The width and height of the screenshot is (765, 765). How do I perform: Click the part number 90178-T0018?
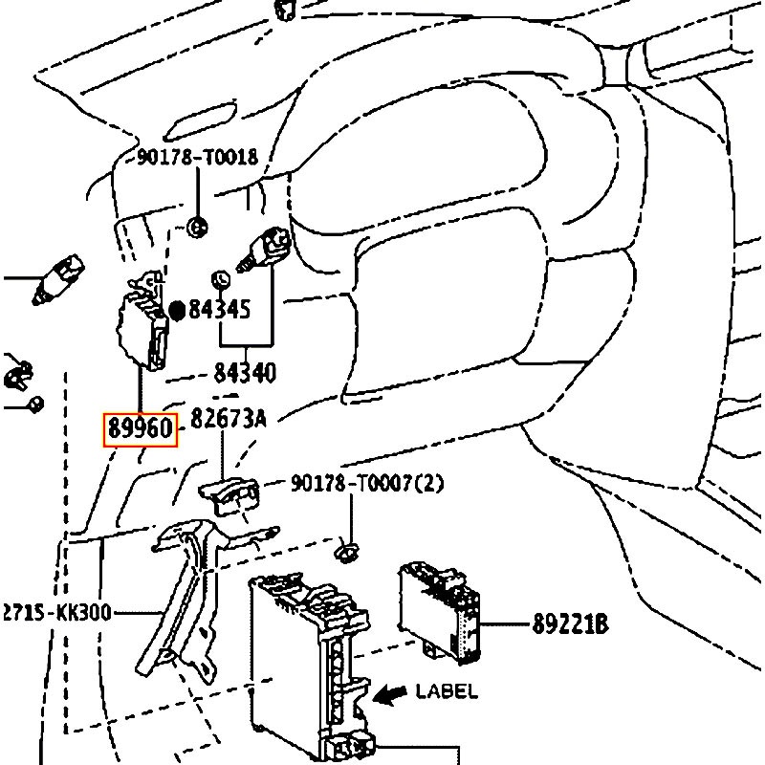[x=197, y=157]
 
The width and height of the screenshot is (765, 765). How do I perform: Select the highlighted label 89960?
[x=141, y=429]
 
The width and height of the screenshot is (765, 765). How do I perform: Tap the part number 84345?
[x=219, y=309]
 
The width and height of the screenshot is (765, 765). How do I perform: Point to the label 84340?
[x=245, y=373]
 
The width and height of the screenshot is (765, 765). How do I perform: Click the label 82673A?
[x=229, y=419]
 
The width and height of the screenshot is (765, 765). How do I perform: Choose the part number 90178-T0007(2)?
[x=367, y=484]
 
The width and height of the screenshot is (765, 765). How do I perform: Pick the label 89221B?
[x=570, y=623]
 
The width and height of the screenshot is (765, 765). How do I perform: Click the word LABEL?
[x=447, y=691]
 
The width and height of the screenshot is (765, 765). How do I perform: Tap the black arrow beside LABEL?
[x=390, y=694]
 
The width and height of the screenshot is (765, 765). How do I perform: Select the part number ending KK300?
[x=57, y=612]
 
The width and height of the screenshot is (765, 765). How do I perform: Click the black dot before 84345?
[x=177, y=310]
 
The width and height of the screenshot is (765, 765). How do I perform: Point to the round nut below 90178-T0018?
[x=198, y=228]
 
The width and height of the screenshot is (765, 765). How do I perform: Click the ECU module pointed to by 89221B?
[x=439, y=612]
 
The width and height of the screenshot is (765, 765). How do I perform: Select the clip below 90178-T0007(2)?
[x=346, y=553]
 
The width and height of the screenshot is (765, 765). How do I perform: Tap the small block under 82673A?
[x=229, y=495]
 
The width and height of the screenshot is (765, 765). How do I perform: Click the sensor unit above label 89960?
[x=142, y=321]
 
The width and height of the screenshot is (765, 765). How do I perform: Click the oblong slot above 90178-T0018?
[x=200, y=121]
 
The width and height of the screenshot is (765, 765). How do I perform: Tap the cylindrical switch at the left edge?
[x=57, y=279]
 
